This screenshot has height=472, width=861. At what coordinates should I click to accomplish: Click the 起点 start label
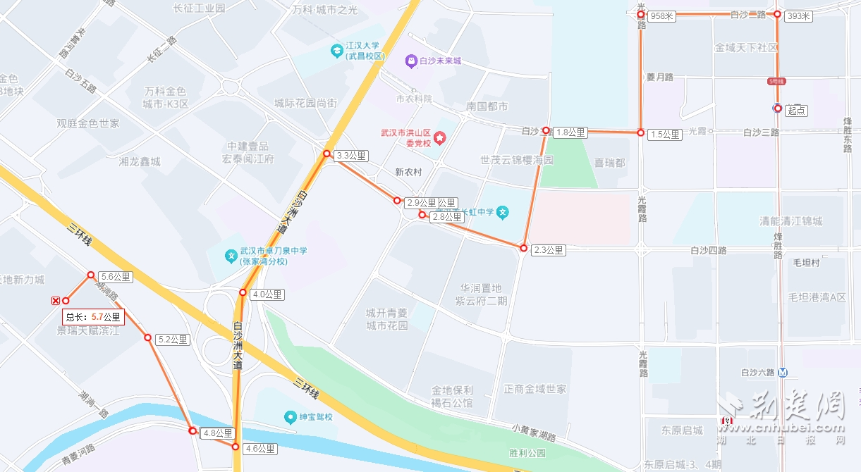(x=796, y=110)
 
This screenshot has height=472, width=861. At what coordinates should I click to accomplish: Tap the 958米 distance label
(x=662, y=16)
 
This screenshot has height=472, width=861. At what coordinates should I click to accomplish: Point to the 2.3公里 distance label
(x=549, y=250)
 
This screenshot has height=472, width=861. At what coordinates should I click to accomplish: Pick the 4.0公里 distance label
(x=267, y=294)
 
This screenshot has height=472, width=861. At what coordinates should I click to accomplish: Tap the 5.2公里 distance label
(x=172, y=340)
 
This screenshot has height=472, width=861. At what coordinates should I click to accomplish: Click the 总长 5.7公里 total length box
(x=94, y=317)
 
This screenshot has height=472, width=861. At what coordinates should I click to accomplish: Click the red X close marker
(x=56, y=301)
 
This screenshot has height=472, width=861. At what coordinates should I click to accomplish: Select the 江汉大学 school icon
(x=336, y=51)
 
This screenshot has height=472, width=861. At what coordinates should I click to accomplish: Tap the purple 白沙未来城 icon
(x=410, y=61)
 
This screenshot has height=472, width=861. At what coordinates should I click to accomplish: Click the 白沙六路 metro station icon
(x=783, y=373)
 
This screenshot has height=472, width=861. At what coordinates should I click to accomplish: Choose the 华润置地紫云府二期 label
(x=483, y=294)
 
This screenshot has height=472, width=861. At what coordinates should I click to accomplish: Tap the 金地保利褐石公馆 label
(x=452, y=397)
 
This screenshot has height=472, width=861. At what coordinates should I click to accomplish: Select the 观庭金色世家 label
(x=88, y=123)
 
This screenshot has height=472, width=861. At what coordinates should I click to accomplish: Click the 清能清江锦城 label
(x=790, y=221)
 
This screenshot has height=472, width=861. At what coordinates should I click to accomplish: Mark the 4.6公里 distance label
(x=260, y=448)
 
